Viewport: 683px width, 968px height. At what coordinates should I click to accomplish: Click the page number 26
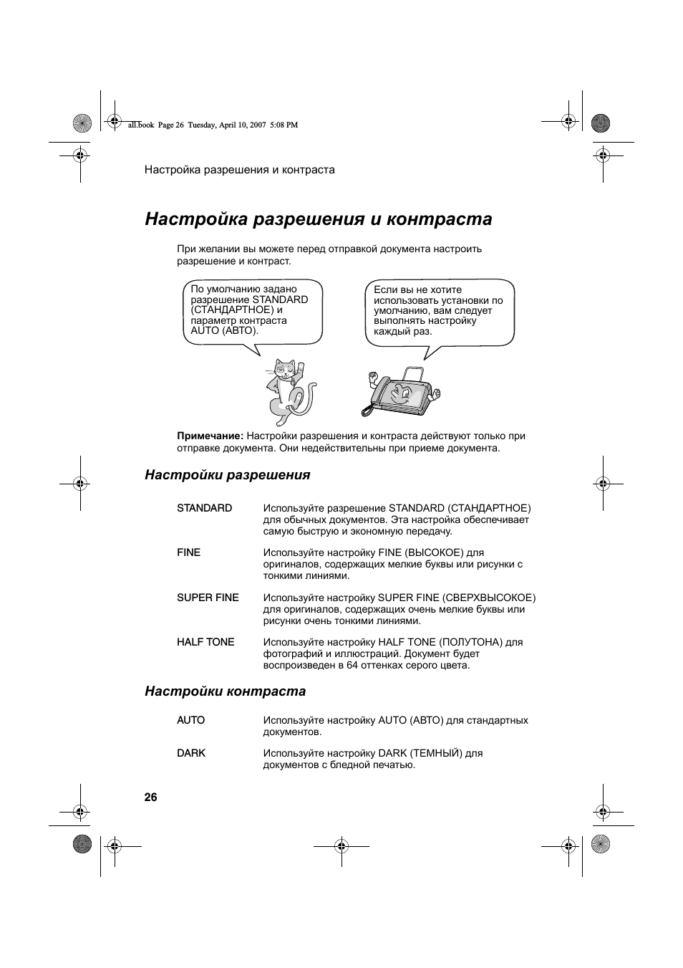[150, 797]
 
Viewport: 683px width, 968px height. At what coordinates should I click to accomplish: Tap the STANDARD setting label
[204, 508]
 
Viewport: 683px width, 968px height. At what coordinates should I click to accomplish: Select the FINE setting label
[188, 552]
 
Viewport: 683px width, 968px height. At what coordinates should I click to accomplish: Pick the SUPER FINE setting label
[208, 598]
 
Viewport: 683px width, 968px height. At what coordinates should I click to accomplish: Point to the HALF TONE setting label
[205, 642]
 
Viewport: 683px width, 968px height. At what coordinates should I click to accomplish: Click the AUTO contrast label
[190, 720]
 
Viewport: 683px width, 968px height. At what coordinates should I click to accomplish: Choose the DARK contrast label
[191, 753]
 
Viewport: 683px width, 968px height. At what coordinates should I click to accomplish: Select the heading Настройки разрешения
[228, 475]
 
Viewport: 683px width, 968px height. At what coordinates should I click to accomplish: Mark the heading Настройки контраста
[225, 691]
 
